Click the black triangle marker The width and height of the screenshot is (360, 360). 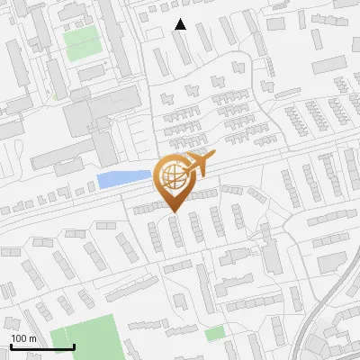(x=181, y=24)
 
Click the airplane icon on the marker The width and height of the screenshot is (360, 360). (x=198, y=165)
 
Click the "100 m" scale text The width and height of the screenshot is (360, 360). (x=23, y=337)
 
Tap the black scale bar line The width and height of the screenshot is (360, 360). (x=42, y=347)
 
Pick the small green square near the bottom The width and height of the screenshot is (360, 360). (x=214, y=334)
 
